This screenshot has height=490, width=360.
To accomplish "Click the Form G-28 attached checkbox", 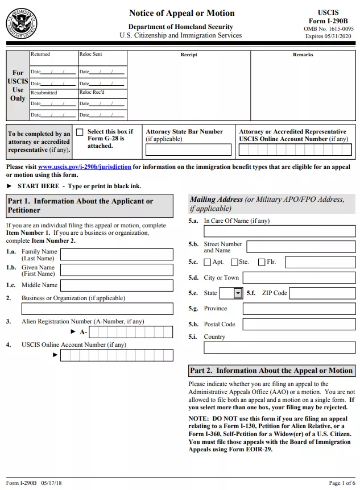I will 80,132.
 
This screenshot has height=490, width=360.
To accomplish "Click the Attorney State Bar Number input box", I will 188,150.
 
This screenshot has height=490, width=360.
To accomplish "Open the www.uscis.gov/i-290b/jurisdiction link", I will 85,167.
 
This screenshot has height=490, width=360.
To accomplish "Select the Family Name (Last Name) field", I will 117,255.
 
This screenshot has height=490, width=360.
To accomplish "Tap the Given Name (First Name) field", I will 117,270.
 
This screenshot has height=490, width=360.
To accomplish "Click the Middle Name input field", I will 117,285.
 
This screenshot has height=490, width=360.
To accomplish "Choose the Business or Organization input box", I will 97,309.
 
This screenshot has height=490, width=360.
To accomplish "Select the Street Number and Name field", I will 300,247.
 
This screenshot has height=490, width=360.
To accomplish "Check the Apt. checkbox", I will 208,262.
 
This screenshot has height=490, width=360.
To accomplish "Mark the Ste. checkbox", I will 234,262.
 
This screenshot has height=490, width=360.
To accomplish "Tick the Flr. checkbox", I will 262,262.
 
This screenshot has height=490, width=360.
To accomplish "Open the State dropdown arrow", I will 238,293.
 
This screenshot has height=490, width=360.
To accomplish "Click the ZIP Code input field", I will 322,293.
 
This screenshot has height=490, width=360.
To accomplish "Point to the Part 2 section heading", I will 271,371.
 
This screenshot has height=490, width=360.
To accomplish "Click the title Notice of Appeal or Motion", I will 181,13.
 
